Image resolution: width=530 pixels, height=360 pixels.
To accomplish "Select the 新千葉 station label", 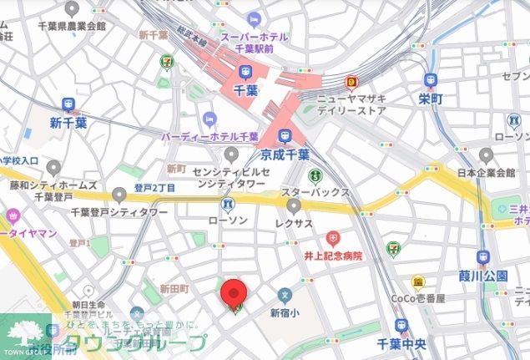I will click(68, 123).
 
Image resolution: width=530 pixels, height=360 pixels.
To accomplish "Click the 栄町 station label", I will click(432, 99).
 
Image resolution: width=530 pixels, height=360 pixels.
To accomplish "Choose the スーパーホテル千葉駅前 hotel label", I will click(254, 43).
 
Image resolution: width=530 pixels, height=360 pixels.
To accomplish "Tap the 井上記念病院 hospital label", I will click(334, 256).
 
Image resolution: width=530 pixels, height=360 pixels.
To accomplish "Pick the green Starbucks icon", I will click(315, 176).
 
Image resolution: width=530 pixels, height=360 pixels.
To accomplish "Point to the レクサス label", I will click(293, 223).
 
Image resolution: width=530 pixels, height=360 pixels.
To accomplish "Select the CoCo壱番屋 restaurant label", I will click(418, 298).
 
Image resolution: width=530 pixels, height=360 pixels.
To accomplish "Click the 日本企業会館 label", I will click(487, 174).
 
